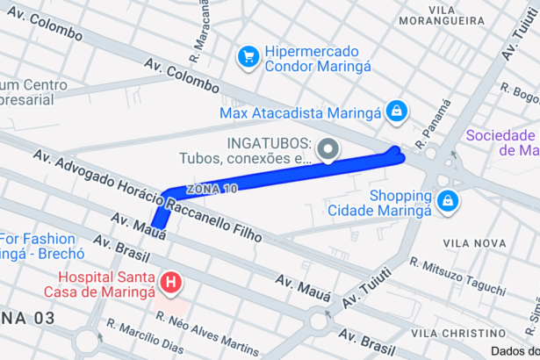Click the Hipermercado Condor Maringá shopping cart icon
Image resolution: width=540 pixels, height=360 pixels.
coord(248,57)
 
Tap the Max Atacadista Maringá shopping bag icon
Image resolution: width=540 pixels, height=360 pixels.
coord(397,112)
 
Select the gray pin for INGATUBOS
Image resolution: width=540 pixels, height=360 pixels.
coord(328,150)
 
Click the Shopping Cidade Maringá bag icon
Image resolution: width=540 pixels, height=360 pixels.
coord(448,200)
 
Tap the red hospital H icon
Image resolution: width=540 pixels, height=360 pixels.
coord(172,282)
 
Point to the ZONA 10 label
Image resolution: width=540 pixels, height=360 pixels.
coord(212,189)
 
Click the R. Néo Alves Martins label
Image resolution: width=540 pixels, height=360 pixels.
coord(207,328)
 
